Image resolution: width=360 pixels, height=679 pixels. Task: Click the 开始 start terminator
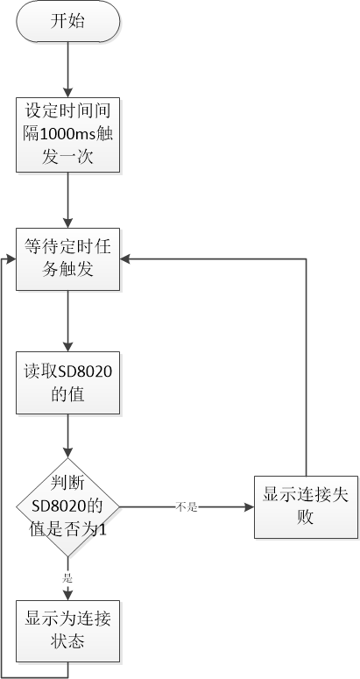click(x=68, y=22)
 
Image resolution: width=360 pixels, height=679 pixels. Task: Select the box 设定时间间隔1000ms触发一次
click(x=68, y=135)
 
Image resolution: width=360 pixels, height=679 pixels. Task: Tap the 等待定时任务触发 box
click(x=68, y=259)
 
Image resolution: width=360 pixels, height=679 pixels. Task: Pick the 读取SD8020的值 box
click(x=68, y=383)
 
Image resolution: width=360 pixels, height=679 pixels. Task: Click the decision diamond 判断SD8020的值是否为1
click(x=68, y=507)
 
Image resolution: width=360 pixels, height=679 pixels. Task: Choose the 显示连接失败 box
click(x=306, y=507)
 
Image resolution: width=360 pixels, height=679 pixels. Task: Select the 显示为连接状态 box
click(x=68, y=631)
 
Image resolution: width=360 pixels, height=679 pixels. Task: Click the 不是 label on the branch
click(x=187, y=507)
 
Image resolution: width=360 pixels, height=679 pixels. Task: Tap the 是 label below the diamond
click(x=68, y=578)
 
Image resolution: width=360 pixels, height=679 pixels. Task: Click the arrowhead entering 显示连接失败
click(x=250, y=507)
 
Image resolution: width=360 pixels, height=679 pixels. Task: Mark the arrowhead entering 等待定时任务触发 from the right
click(x=125, y=259)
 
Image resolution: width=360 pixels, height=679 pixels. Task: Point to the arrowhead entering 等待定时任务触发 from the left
click(x=11, y=259)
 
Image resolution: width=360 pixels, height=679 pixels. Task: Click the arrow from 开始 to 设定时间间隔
click(x=68, y=70)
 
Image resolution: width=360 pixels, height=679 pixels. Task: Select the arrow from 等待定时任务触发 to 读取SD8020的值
click(x=68, y=321)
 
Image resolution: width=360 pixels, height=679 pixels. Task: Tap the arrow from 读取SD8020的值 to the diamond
click(x=68, y=436)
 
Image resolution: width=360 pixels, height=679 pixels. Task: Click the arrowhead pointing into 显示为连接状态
click(x=68, y=595)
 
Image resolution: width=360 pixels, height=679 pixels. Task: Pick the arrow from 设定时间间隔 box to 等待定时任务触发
click(x=68, y=201)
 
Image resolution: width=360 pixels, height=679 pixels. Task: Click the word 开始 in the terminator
click(x=67, y=21)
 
